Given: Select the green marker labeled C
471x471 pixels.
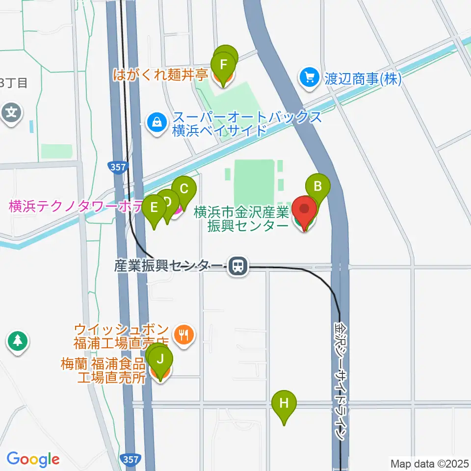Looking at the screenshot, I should [184, 188].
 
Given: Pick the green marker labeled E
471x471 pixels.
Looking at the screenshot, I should [154, 208].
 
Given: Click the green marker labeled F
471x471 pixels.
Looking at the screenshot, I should [223, 65].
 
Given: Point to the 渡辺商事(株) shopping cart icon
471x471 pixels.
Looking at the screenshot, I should [310, 77].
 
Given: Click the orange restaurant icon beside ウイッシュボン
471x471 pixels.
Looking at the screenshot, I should [185, 336].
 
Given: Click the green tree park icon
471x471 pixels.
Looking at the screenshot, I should [18, 340].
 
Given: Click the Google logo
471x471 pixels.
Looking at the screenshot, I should [33, 459].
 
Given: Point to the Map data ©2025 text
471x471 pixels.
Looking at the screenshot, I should [429, 463].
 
